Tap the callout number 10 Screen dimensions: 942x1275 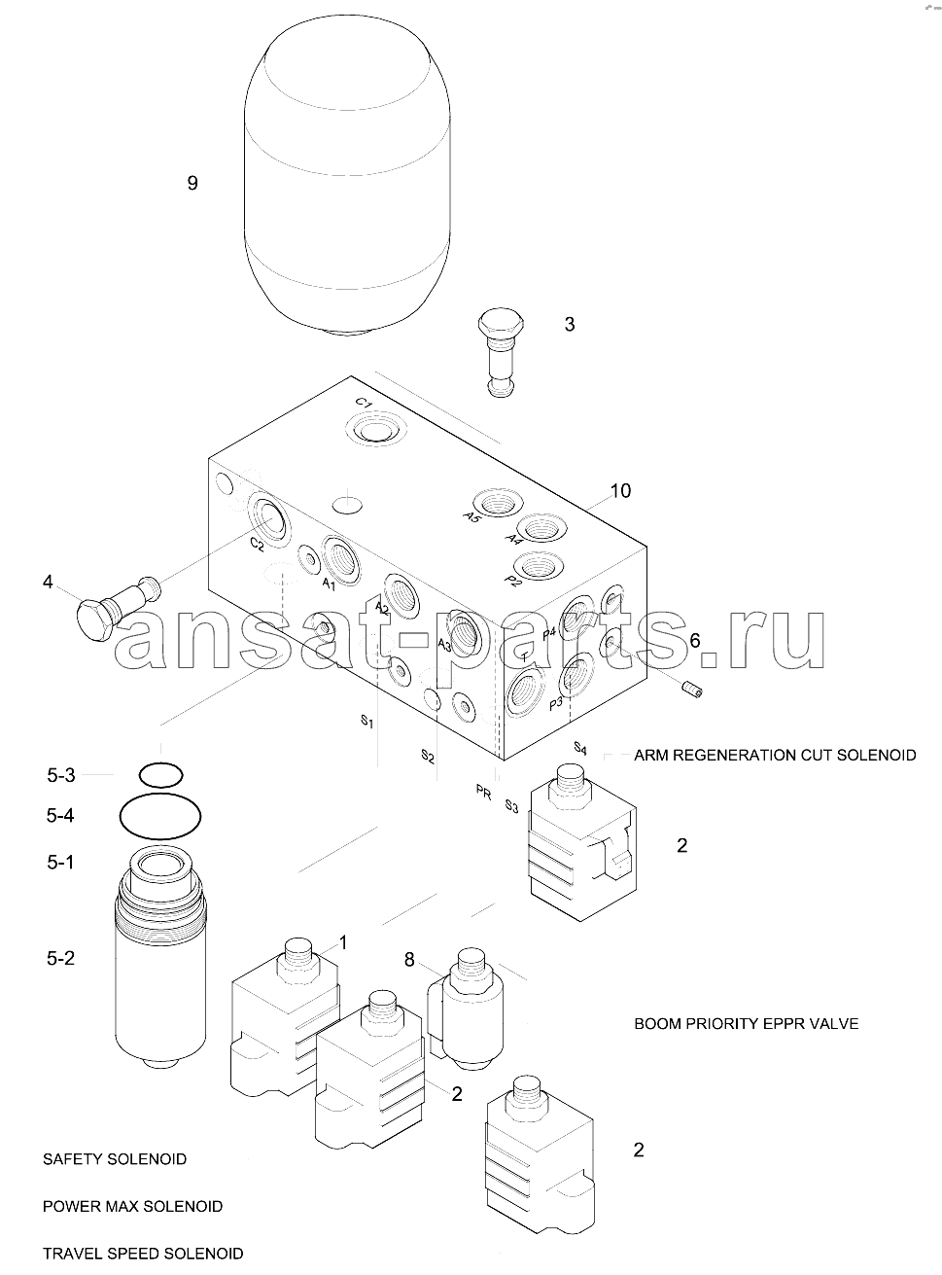click(x=620, y=491)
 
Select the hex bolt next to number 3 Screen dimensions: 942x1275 click(x=501, y=353)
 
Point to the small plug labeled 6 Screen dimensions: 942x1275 click(x=690, y=690)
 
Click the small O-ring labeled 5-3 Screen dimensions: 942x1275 click(x=161, y=774)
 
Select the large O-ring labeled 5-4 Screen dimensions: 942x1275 click(x=160, y=816)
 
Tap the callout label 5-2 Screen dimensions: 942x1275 click(x=61, y=958)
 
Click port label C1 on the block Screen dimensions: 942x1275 click(x=364, y=403)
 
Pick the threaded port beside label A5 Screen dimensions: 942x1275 click(x=496, y=504)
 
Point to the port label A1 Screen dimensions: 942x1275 click(x=329, y=584)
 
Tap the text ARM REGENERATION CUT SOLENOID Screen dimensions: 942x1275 click(x=775, y=755)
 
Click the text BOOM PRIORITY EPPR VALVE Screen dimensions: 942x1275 click(x=746, y=1024)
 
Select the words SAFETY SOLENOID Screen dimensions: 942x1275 click(x=115, y=1159)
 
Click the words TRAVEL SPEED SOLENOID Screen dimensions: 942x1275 click(x=143, y=1254)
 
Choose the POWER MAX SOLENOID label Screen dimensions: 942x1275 click(x=133, y=1206)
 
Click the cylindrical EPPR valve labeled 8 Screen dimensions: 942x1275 click(x=466, y=1010)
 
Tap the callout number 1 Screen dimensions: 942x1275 click(x=343, y=942)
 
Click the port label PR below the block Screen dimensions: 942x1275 click(x=483, y=793)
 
